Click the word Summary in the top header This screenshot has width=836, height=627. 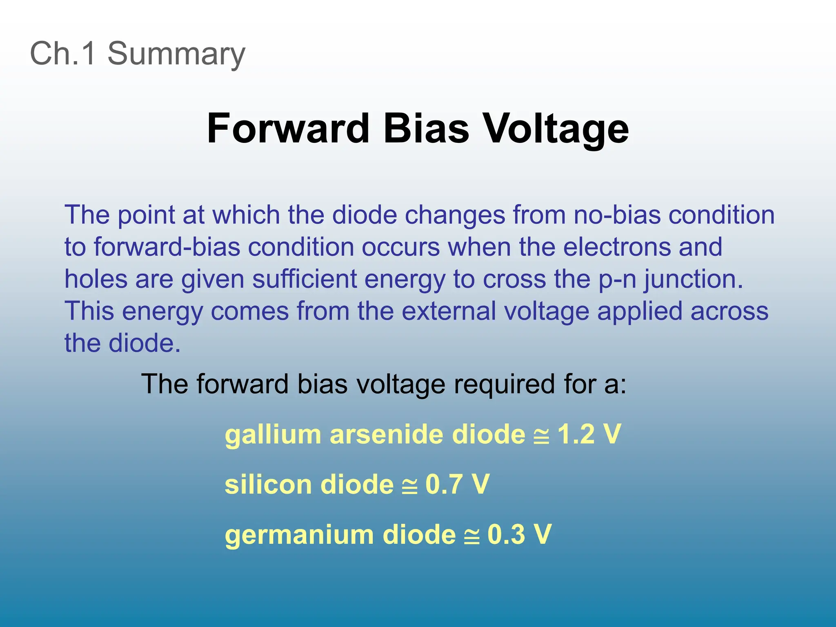coord(176,53)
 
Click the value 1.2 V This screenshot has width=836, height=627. coord(589,434)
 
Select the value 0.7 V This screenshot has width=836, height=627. coord(457,485)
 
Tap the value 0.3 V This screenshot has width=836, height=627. coord(519,534)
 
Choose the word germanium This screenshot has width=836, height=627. coord(299,534)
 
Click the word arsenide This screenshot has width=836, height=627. coord(387,434)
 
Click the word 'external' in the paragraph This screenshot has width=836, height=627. coord(449,311)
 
